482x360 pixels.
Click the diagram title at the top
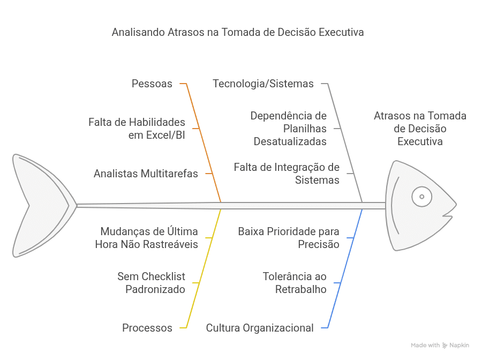click(x=238, y=32)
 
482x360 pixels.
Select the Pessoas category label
click(x=152, y=84)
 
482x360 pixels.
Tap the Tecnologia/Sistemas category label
click(x=263, y=84)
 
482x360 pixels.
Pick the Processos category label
click(x=147, y=328)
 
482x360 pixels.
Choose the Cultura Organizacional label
click(x=260, y=328)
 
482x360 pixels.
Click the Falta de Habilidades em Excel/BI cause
click(x=137, y=129)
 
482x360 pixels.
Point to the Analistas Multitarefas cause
click(x=146, y=174)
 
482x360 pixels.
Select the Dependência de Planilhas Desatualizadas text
click(x=289, y=129)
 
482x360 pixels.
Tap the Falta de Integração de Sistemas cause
click(x=287, y=174)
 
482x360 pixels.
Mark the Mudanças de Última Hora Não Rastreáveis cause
click(x=146, y=238)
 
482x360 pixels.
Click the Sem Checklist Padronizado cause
click(x=152, y=283)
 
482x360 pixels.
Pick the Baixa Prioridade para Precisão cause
click(x=289, y=238)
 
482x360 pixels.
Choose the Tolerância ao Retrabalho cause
click(x=295, y=283)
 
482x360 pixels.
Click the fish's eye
click(x=421, y=197)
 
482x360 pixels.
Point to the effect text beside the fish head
click(x=420, y=129)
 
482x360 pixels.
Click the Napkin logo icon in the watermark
click(x=445, y=346)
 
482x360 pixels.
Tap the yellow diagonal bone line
click(x=204, y=268)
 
